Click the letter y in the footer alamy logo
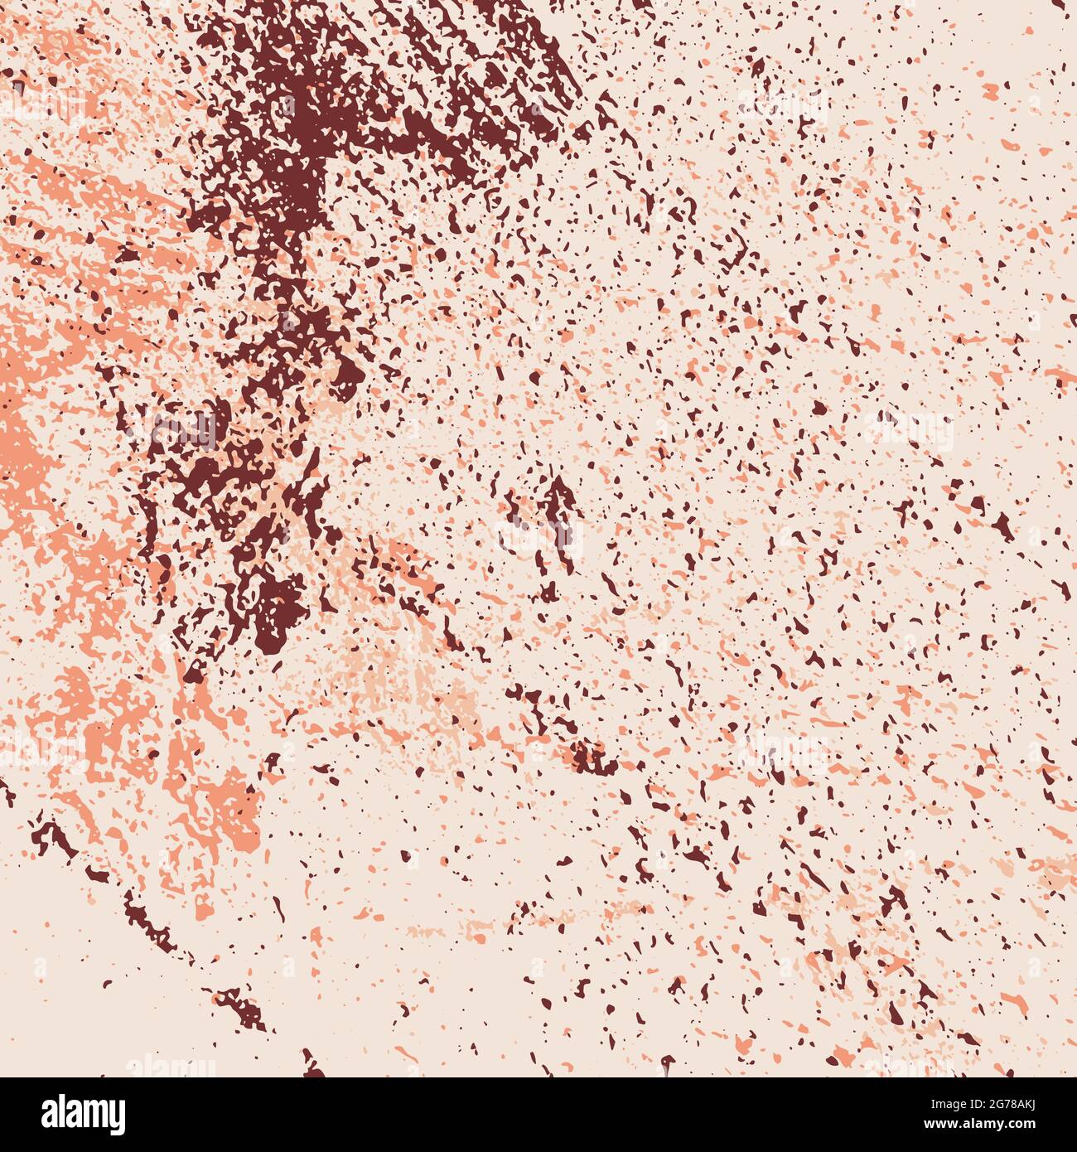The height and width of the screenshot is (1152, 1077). pos(118,1117)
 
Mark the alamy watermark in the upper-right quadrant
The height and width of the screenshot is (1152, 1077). pos(782,108)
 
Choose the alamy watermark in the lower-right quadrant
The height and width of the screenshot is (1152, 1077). pos(782,750)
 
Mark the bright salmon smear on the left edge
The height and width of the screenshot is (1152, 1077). pos(21,431)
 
